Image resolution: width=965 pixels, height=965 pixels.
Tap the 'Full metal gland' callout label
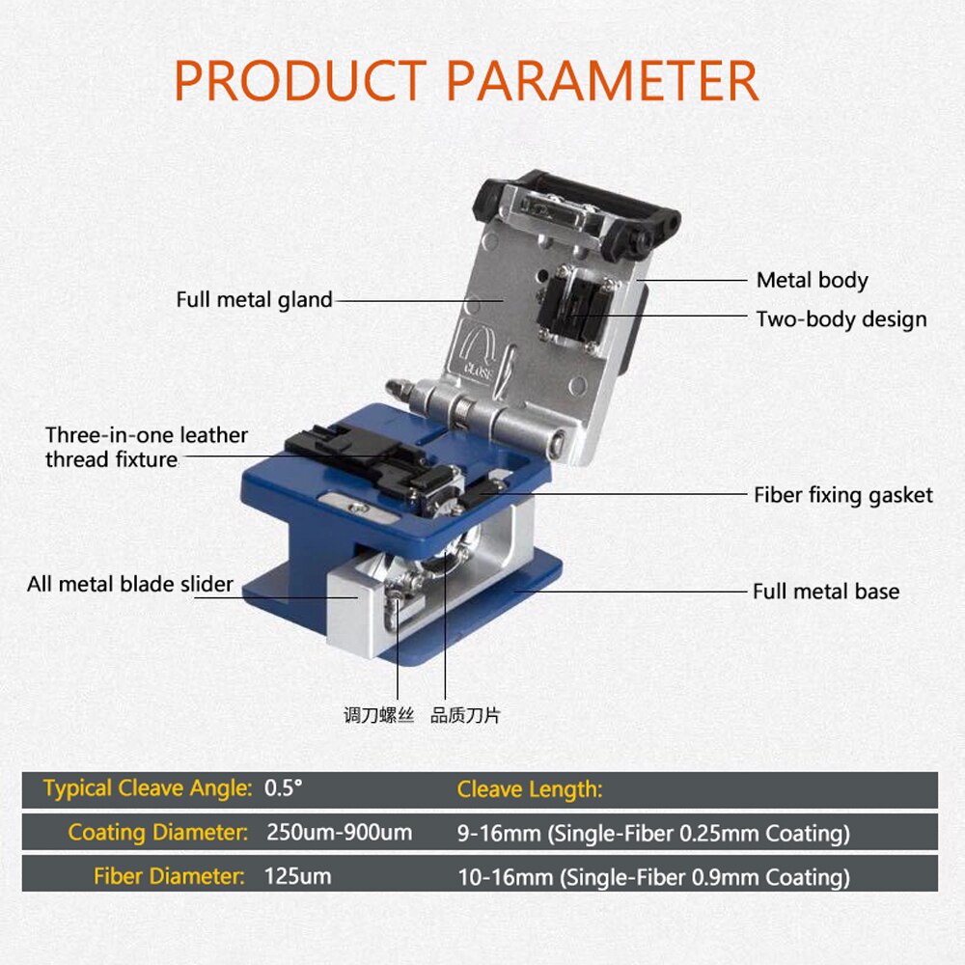[x=254, y=300]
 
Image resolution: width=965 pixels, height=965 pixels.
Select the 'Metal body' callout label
[x=812, y=281]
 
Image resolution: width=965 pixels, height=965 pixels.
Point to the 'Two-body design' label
[x=841, y=319]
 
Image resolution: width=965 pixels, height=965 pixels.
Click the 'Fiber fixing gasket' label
[x=842, y=495]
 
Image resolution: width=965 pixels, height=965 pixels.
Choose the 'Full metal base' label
[x=825, y=592]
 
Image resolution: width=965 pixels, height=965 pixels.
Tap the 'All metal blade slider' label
[x=130, y=584]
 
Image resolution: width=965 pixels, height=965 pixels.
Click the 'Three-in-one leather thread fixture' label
[x=146, y=448]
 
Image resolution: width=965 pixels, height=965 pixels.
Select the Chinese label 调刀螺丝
[x=378, y=716]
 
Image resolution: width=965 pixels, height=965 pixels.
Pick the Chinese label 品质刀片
[x=465, y=716]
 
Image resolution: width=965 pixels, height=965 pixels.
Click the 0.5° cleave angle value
[x=284, y=788]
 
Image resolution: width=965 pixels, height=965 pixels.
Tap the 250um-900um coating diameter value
[x=339, y=832]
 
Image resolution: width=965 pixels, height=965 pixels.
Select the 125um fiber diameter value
[x=297, y=876]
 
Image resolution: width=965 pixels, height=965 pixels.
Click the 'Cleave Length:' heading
[x=530, y=789]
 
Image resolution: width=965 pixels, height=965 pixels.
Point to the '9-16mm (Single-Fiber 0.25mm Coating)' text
[x=653, y=833]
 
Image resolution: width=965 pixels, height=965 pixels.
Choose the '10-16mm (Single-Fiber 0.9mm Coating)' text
[x=653, y=877]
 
